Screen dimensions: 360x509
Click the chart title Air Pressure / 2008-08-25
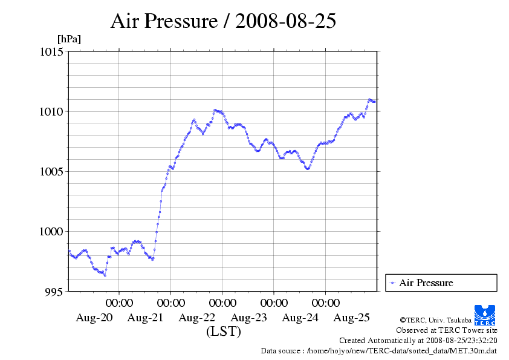coord(223,22)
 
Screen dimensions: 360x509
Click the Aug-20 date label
coord(94,318)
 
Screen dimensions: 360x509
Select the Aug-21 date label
coord(145,318)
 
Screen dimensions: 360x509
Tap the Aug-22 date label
coord(197,318)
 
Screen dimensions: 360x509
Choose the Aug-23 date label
coord(248,318)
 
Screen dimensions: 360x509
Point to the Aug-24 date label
coord(300,318)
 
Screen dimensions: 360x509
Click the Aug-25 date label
coord(352,318)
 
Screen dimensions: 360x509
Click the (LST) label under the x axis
coord(223,332)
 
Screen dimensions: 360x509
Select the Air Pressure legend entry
coord(426,283)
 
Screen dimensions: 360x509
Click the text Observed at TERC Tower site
coord(446,330)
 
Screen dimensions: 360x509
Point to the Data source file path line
coord(378,350)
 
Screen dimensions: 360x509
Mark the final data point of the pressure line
coord(375,102)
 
